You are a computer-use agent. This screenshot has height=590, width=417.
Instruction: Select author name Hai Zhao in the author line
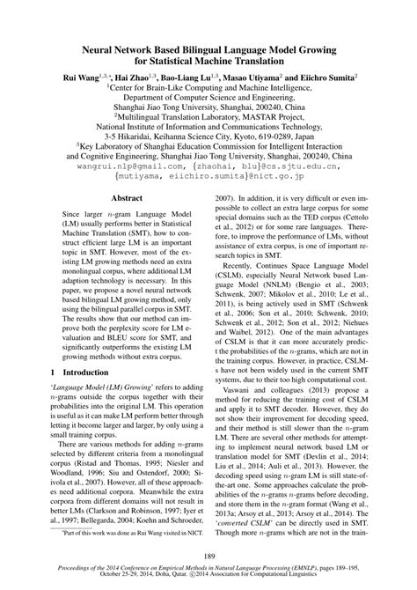(x=131, y=78)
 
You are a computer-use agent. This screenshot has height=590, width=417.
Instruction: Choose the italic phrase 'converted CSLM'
(x=247, y=522)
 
